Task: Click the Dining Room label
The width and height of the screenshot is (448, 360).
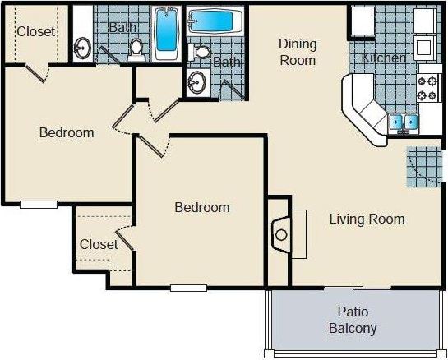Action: coord(297,52)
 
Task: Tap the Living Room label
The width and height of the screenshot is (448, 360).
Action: coord(367,219)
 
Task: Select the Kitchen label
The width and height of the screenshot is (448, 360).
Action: coord(384,58)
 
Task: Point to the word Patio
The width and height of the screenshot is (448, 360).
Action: coord(353,312)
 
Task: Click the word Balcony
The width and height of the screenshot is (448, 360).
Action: coord(353,329)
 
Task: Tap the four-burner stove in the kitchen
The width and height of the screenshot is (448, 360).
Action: coord(427,87)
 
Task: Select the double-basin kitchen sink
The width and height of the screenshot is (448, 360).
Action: coord(404,122)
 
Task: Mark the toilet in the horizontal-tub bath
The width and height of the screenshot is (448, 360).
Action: coord(200,52)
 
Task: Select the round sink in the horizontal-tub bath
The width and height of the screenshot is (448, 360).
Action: coord(196,82)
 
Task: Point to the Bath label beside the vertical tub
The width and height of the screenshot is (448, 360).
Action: coord(123,27)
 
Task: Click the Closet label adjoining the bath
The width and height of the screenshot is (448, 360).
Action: coord(36,32)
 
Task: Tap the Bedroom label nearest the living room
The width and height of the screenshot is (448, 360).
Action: coord(202,207)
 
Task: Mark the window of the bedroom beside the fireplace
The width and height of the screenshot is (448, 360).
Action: coord(188,287)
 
